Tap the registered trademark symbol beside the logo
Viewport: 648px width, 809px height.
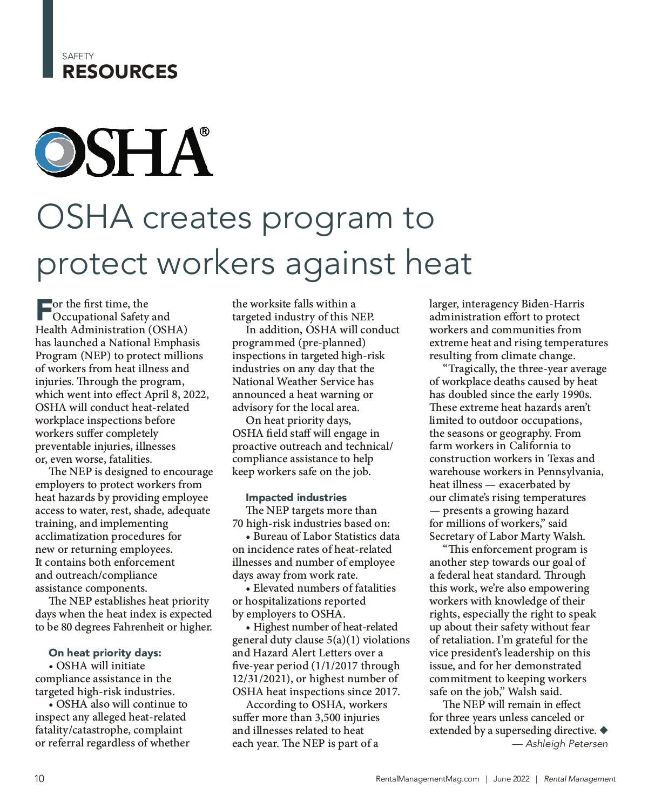click(x=205, y=131)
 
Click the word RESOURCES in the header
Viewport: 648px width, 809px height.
click(x=120, y=72)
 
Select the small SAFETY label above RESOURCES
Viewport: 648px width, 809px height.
click(x=78, y=56)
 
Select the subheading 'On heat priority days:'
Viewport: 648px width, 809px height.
click(x=105, y=653)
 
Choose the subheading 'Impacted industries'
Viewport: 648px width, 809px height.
click(x=296, y=497)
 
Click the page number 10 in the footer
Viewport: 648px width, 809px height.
click(x=39, y=779)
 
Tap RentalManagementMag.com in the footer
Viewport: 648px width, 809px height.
click(x=427, y=779)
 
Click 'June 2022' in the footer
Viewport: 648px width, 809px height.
click(x=511, y=779)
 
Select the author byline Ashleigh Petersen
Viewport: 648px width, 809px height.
click(x=566, y=744)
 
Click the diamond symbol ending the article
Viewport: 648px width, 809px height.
click(x=604, y=730)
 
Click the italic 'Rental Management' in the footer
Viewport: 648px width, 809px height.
click(x=579, y=779)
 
